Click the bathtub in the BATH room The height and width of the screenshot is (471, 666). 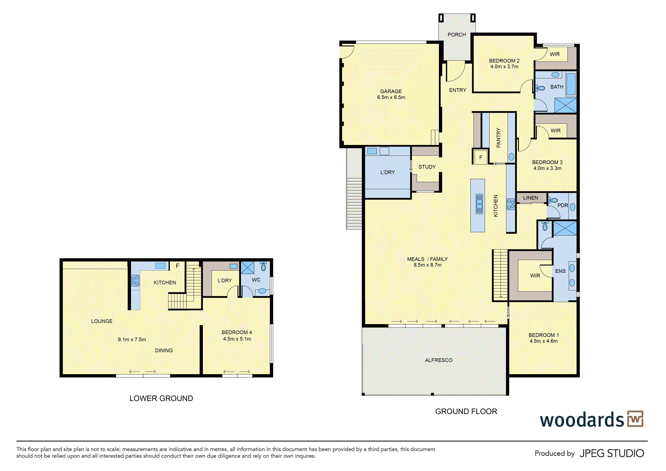click(x=571, y=84)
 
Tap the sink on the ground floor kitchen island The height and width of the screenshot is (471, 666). click(x=479, y=204)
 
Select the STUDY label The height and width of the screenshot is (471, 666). click(x=427, y=167)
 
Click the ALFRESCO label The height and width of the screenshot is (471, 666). click(x=439, y=360)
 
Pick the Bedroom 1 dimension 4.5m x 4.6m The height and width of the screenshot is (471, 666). click(x=544, y=341)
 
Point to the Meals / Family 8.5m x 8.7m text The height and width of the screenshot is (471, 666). click(x=428, y=262)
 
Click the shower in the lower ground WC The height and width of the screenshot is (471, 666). click(x=247, y=268)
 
